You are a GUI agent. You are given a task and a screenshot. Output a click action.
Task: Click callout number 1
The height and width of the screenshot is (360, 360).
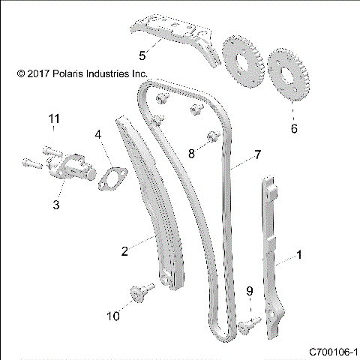(x=300, y=255)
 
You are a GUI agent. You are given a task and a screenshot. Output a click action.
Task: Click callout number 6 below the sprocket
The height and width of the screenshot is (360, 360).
(x=294, y=128)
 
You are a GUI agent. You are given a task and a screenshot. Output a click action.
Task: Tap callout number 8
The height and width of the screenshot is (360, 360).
(x=191, y=153)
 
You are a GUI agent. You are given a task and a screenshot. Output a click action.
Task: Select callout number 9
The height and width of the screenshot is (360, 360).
(x=250, y=290)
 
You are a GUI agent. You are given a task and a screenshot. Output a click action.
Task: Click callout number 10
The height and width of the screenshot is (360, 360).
(x=112, y=316)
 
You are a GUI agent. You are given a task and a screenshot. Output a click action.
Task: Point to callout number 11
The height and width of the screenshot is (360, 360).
(x=53, y=119)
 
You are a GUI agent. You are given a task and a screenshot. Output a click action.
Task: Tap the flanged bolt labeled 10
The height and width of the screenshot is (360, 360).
(x=138, y=293)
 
